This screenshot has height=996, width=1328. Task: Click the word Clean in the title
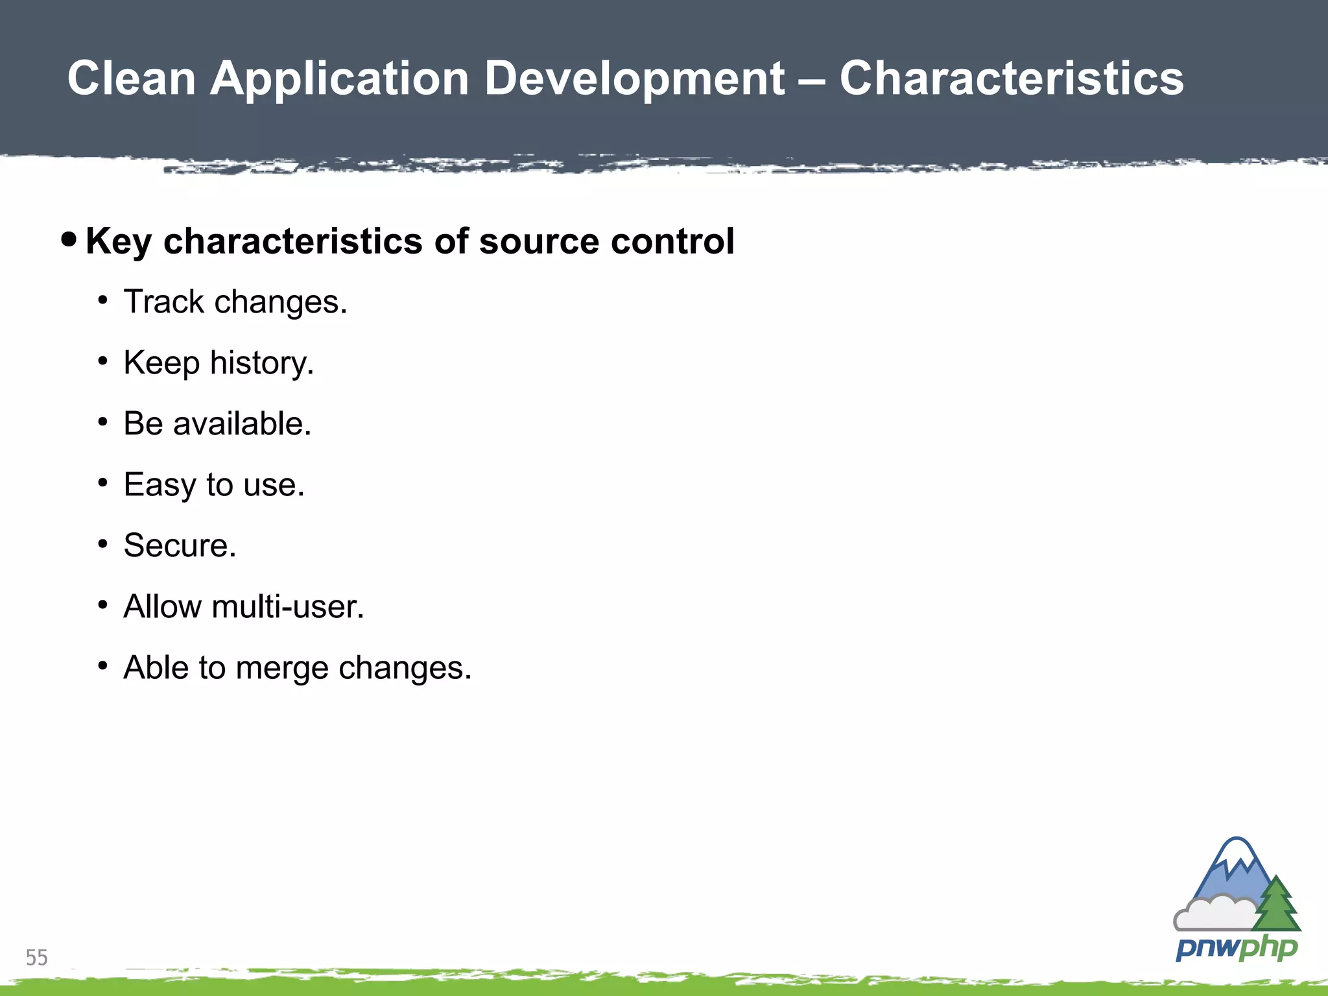pyautogui.click(x=132, y=78)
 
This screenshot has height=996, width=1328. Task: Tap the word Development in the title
pyautogui.click(x=635, y=78)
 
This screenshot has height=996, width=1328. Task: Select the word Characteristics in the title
pyautogui.click(x=1012, y=78)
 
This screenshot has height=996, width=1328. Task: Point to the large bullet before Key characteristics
pyautogui.click(x=69, y=240)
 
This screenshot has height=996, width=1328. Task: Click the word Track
pyautogui.click(x=164, y=302)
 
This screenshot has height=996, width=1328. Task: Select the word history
pyautogui.click(x=261, y=363)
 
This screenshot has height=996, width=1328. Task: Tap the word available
pyautogui.click(x=242, y=423)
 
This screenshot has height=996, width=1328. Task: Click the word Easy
pyautogui.click(x=160, y=485)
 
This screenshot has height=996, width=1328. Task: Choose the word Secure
pyautogui.click(x=180, y=545)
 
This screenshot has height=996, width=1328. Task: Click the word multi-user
pyautogui.click(x=287, y=607)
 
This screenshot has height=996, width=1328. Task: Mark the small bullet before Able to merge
pyautogui.click(x=102, y=666)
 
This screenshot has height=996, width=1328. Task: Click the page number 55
pyautogui.click(x=36, y=958)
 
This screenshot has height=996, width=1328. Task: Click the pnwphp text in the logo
pyautogui.click(x=1236, y=949)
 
